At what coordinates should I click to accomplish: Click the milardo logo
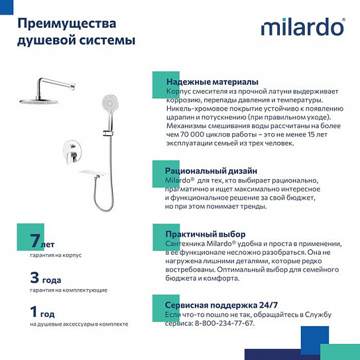302,27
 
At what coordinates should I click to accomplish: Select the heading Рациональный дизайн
211,170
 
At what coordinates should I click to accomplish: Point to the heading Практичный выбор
206,234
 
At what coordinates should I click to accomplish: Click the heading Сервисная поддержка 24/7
221,304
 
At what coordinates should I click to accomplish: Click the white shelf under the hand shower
95,173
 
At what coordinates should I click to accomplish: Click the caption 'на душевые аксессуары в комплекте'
79,324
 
